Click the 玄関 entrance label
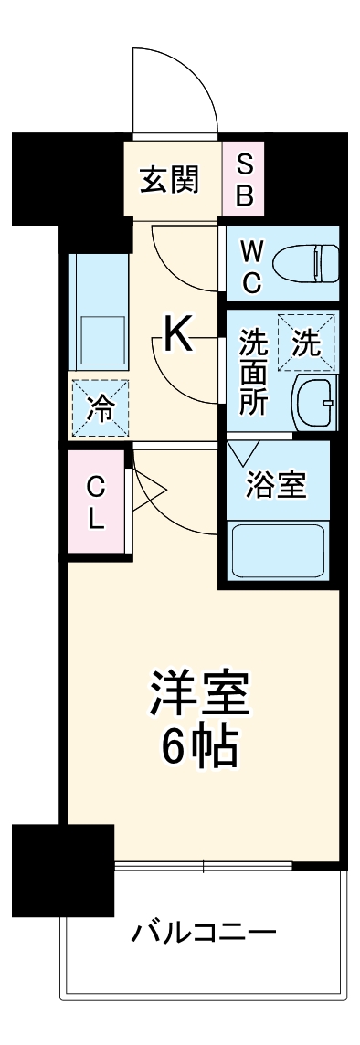pos(169,180)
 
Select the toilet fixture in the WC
pos(306,262)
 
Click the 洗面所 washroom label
pos(253,374)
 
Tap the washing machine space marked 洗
pos(306,343)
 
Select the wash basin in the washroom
pos(315,400)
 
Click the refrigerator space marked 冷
pos(100,406)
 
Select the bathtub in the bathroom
pos(278,550)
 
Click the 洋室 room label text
pos(200,697)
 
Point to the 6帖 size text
pos(200,749)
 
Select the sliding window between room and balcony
pos(203,864)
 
